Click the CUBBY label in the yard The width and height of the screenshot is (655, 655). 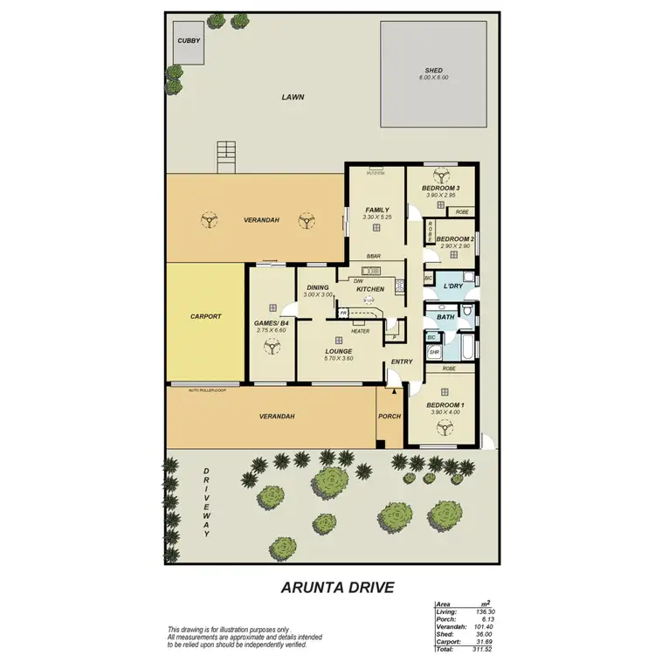(x=188, y=41)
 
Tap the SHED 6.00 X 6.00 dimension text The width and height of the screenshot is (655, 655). (x=433, y=78)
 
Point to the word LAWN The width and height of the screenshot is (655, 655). (x=293, y=98)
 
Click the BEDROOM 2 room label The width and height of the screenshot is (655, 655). (x=454, y=239)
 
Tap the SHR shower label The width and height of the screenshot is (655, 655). (x=434, y=352)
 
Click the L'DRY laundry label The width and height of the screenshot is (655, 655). (x=452, y=286)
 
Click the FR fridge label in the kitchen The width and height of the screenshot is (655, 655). (x=344, y=312)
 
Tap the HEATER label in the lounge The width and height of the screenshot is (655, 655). (x=360, y=331)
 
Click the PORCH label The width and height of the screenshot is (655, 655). (x=390, y=417)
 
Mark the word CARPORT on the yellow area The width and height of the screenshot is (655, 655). (x=205, y=317)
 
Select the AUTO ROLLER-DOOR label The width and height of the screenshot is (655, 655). (x=206, y=390)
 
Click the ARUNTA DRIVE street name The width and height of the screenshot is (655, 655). (x=337, y=588)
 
